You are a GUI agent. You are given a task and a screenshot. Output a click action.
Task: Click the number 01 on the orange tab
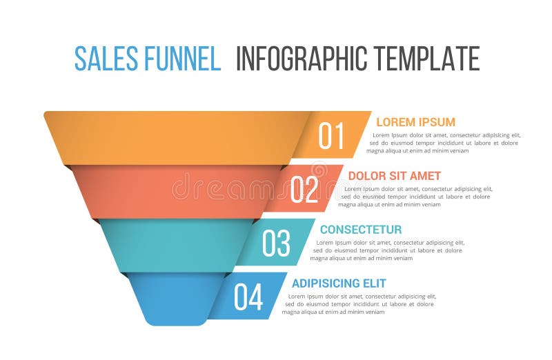pyautogui.click(x=331, y=136)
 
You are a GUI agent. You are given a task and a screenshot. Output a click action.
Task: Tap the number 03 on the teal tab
pyautogui.click(x=276, y=243)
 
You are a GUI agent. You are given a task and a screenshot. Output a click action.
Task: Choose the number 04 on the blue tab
pyautogui.click(x=248, y=297)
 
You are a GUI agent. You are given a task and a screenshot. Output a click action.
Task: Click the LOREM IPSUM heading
pyautogui.click(x=415, y=122)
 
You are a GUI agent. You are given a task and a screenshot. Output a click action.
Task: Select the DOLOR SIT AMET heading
pyautogui.click(x=394, y=176)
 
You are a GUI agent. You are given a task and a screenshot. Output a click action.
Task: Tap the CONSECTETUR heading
pyautogui.click(x=360, y=229)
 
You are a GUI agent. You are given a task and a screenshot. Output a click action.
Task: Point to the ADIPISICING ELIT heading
pyautogui.click(x=339, y=283)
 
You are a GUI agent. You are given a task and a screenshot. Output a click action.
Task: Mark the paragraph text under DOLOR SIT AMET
pyautogui.click(x=415, y=197)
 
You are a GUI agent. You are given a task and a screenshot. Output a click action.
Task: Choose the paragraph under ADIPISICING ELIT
pyautogui.click(x=358, y=304)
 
